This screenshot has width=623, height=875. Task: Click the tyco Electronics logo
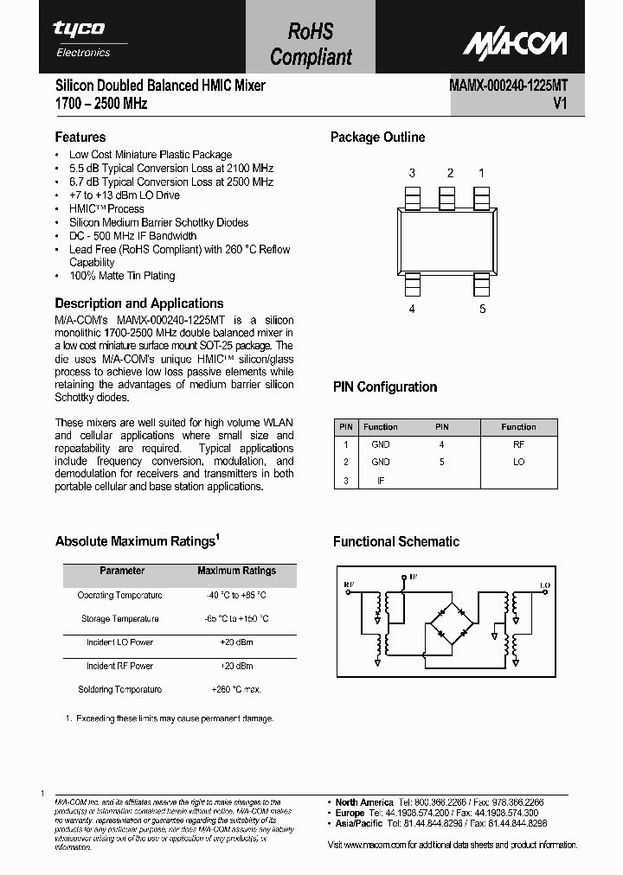coord(83,37)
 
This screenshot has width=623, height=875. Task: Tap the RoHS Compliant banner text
coord(311,45)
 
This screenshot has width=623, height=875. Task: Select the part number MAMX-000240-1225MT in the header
coord(508,86)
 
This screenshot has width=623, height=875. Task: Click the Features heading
coord(80,137)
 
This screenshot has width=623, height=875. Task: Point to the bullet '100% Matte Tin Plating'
coord(122,276)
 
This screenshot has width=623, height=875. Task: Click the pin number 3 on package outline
coord(412,173)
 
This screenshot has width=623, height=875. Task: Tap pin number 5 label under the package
coord(482,309)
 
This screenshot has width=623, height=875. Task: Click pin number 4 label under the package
coord(412,309)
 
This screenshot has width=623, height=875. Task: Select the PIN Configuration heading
coord(385,387)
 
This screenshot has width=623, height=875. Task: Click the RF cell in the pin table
coord(518,444)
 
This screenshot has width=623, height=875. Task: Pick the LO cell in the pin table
coord(518,462)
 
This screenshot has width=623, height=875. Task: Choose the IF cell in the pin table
coord(381,480)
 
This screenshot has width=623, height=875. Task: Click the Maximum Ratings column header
coord(236,571)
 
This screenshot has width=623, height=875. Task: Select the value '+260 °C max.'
coord(236,689)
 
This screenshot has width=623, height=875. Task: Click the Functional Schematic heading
coord(396,542)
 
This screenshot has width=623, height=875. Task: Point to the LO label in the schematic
coord(544,585)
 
